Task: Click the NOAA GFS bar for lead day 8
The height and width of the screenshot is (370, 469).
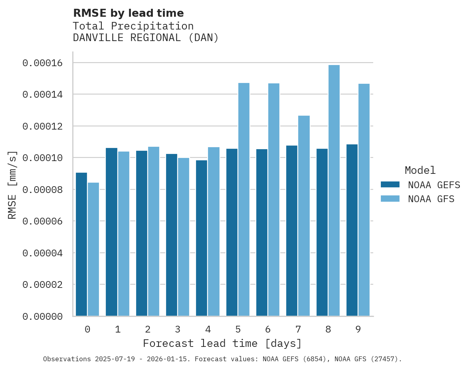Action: (334, 191)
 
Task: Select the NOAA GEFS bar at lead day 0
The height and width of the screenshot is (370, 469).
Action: (81, 244)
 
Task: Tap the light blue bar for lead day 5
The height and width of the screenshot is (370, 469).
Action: (243, 199)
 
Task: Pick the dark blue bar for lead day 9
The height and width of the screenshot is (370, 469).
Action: (352, 230)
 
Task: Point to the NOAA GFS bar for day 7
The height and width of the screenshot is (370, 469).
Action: (304, 216)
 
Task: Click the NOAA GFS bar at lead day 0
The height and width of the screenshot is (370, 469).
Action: (93, 249)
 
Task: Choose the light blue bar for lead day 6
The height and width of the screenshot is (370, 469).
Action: (274, 199)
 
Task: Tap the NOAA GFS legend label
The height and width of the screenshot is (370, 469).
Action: (431, 199)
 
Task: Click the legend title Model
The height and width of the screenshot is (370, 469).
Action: (420, 170)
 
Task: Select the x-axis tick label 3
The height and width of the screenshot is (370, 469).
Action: (178, 329)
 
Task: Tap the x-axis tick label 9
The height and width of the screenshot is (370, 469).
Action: (358, 329)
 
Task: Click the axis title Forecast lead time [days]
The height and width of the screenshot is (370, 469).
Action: (222, 343)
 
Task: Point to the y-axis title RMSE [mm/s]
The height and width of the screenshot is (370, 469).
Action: (12, 185)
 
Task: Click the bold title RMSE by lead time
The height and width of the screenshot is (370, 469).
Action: (128, 13)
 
